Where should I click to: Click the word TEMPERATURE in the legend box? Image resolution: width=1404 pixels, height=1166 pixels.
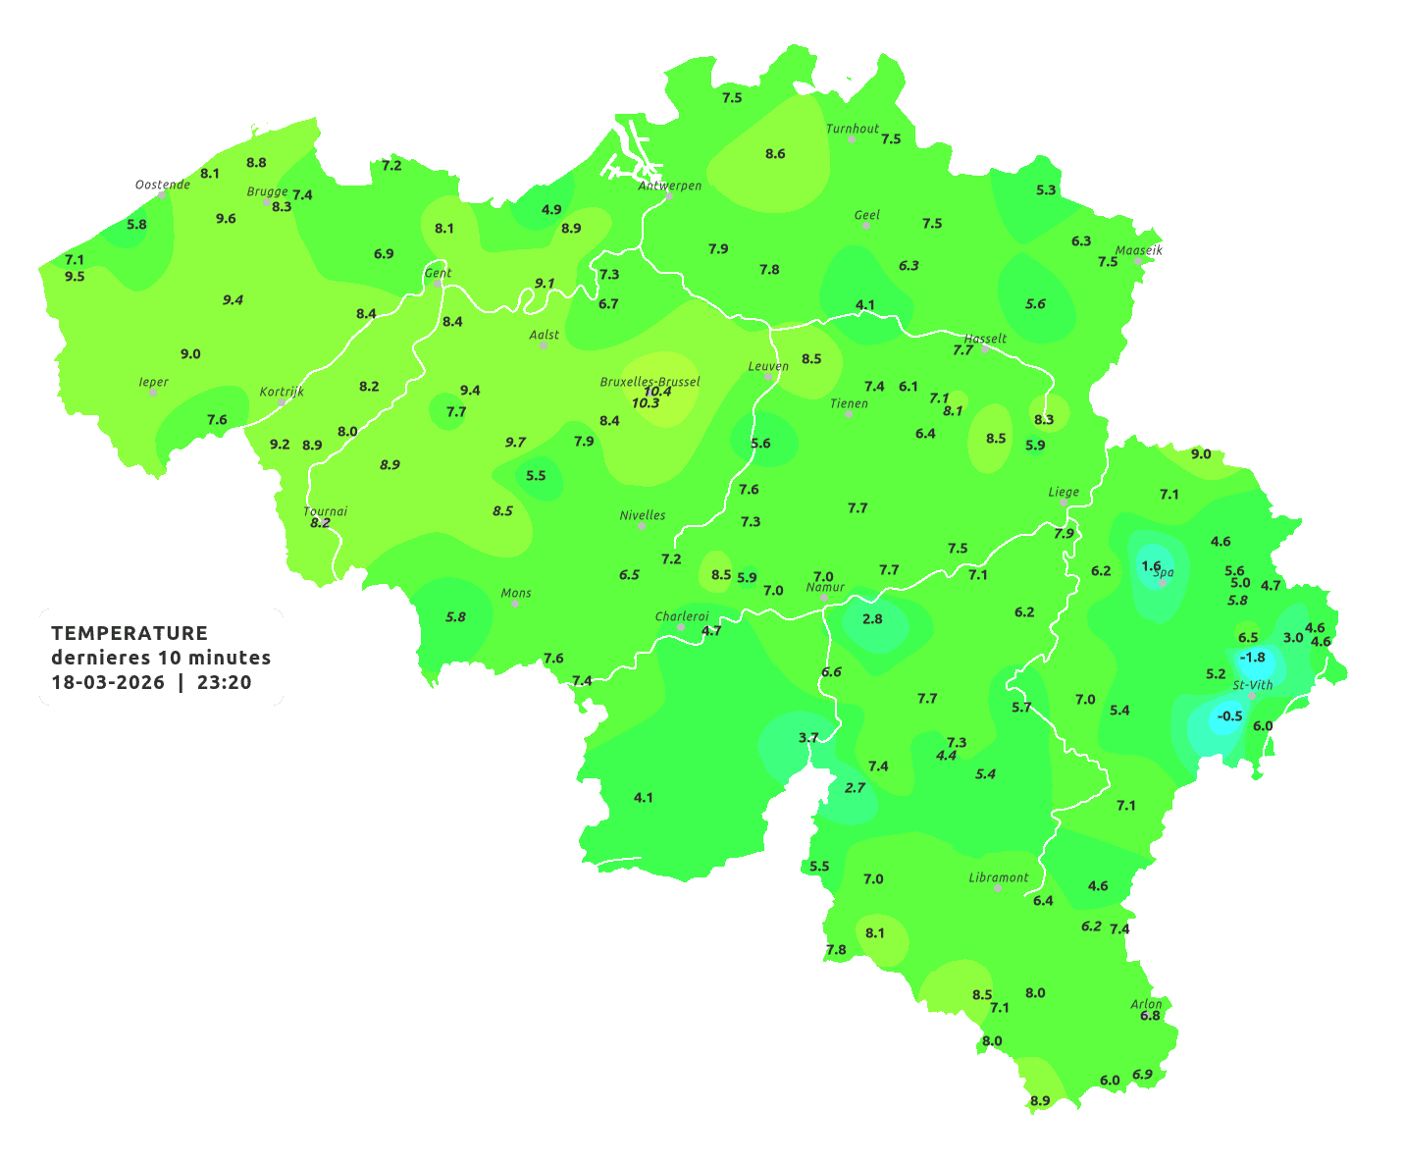[130, 633]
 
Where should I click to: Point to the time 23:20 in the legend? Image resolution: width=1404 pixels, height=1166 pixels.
[224, 682]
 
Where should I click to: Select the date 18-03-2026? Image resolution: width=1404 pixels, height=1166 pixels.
[108, 682]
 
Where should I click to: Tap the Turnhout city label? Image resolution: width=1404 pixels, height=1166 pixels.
[853, 129]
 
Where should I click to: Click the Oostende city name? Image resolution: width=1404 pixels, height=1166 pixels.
[162, 185]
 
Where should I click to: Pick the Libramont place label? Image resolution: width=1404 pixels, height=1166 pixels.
[998, 877]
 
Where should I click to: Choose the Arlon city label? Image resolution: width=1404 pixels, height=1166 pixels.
[1146, 1004]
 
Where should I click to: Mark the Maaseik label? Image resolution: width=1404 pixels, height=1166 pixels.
[1138, 250]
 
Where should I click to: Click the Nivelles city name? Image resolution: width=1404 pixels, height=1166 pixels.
[643, 515]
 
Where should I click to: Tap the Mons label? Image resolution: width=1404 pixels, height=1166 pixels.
[516, 593]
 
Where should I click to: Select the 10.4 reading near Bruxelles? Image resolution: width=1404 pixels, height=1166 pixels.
[657, 391]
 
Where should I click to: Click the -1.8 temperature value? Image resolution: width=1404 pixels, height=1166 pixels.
[1253, 657]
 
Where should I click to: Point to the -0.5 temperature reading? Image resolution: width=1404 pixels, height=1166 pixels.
[1229, 716]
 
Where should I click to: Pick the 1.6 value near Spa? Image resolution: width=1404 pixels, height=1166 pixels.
[1151, 566]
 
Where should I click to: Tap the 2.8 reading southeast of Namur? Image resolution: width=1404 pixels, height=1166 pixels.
[872, 619]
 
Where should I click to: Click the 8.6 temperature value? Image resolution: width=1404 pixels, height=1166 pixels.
[775, 154]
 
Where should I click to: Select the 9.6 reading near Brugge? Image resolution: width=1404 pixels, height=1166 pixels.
[226, 219]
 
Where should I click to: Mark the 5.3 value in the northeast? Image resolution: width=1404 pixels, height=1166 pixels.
[1046, 189]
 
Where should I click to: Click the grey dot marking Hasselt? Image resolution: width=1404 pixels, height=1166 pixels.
[985, 349]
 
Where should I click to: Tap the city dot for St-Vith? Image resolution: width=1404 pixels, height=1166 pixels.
[1251, 696]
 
